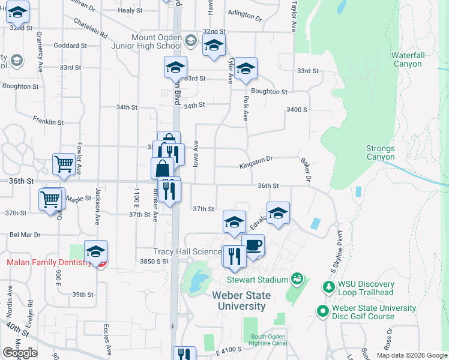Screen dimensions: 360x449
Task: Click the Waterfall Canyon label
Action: tap(408, 59)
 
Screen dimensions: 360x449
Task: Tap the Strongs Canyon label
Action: tap(381, 153)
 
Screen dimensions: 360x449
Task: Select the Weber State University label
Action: tap(240, 301)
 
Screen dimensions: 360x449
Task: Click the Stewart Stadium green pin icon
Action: tap(297, 278)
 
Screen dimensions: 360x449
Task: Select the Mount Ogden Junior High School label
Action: tap(146, 41)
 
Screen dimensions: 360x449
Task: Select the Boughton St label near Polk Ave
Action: tap(269, 92)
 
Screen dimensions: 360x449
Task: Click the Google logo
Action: tap(20, 353)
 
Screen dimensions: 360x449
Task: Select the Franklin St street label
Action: tap(48, 122)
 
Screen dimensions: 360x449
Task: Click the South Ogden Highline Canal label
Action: tap(265, 340)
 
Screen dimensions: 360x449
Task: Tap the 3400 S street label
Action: tap(297, 110)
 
